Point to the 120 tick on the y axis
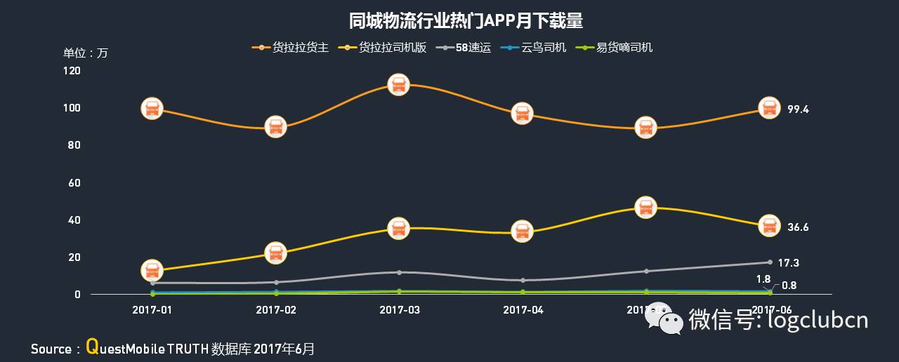pos(72,71)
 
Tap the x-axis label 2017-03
pos(399,309)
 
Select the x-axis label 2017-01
pos(152,309)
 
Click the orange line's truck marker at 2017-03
pos(399,86)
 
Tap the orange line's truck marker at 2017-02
pos(275,127)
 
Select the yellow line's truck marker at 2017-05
pos(645,208)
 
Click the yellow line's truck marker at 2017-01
pos(152,270)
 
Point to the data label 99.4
pos(798,109)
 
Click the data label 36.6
pos(798,227)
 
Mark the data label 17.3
pos(789,263)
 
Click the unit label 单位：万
pos(86,53)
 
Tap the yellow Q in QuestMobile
pos(91,347)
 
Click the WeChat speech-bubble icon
pos(664,319)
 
